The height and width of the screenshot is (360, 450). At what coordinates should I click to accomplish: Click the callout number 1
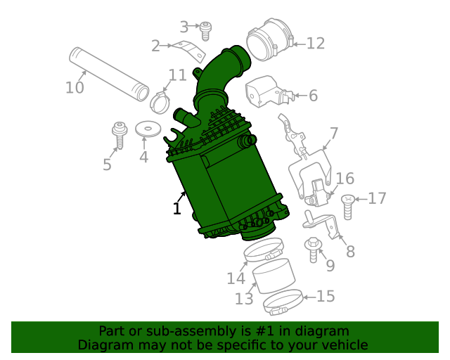(x=177, y=208)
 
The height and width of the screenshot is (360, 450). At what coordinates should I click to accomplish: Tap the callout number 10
(x=75, y=88)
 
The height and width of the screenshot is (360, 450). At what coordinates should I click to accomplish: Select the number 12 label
(x=315, y=44)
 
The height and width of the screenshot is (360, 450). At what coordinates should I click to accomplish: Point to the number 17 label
(x=377, y=198)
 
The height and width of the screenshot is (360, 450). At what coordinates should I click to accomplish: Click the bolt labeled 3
(x=205, y=30)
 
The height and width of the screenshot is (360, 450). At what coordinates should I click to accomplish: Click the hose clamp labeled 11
(x=160, y=102)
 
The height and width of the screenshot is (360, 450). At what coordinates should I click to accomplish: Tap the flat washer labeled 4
(x=146, y=129)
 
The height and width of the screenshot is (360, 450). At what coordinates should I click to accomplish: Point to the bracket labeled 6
(x=266, y=91)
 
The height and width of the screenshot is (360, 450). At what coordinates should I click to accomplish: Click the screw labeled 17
(x=347, y=206)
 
